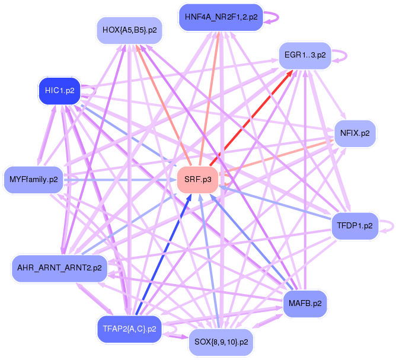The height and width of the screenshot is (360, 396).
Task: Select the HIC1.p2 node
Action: pos(59,91)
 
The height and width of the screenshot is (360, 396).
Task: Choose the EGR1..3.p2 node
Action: pos(305,55)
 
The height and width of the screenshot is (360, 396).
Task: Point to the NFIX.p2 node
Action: pos(355,133)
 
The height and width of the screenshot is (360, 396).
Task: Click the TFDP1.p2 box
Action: pos(355,226)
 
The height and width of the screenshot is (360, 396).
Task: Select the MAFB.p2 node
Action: pos(305,303)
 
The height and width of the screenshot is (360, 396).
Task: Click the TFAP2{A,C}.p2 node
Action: pos(129,329)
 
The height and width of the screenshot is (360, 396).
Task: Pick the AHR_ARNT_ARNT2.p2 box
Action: pos(59,267)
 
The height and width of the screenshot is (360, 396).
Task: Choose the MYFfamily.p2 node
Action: pos(33,179)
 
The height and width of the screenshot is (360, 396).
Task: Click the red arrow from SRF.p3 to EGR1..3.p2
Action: pos(249,118)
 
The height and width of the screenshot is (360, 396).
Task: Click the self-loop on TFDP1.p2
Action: pos(387,225)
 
